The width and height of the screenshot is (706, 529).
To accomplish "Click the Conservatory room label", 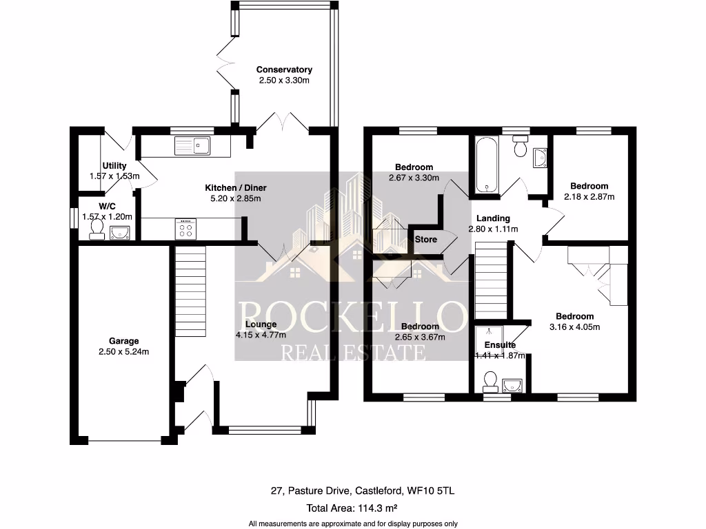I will (x=284, y=70).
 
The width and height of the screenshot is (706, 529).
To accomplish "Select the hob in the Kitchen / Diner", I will (x=187, y=228).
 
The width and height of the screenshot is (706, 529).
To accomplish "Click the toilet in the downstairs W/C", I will (x=97, y=229).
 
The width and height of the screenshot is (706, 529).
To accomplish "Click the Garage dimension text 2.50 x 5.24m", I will (x=123, y=351).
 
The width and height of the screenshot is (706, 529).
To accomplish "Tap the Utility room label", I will (x=114, y=166).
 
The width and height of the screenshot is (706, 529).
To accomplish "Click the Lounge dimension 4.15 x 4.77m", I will (x=261, y=336).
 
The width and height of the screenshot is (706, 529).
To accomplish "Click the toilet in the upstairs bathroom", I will (x=521, y=146).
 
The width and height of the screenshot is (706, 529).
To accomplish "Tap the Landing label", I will (x=493, y=218).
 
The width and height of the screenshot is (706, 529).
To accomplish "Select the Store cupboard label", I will (x=426, y=240).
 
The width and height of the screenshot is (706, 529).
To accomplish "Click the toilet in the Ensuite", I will (x=492, y=380).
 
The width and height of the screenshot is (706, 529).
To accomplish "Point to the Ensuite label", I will (x=500, y=345).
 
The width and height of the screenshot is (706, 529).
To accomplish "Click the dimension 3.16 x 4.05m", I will (x=574, y=327).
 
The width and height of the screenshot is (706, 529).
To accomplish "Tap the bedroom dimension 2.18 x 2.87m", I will (x=589, y=196).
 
